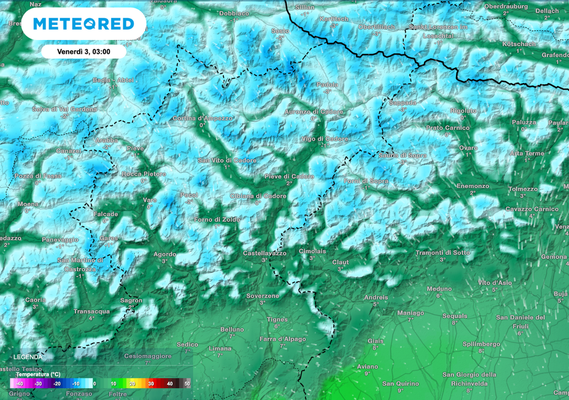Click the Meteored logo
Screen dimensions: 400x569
pyautogui.click(x=83, y=24)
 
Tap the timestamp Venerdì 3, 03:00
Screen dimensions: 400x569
pyautogui.click(x=84, y=51)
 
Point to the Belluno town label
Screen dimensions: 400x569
pyautogui.click(x=232, y=329)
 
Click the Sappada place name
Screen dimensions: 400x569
pyautogui.click(x=402, y=103)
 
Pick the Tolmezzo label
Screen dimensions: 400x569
pyautogui.click(x=523, y=189)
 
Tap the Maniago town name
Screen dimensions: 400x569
pyautogui.click(x=411, y=313)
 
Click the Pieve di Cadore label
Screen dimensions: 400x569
pyautogui.click(x=289, y=177)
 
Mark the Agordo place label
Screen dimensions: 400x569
pyautogui.click(x=164, y=254)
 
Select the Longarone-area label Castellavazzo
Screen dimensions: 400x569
pyautogui.click(x=264, y=253)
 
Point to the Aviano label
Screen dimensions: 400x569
pyautogui.click(x=367, y=367)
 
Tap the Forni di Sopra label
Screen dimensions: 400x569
pyautogui.click(x=366, y=181)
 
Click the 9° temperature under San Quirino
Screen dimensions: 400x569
pyautogui.click(x=400, y=391)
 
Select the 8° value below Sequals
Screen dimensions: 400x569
pyautogui.click(x=454, y=322)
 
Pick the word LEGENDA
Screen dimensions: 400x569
pyautogui.click(x=28, y=357)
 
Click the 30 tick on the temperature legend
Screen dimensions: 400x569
pyautogui.click(x=150, y=384)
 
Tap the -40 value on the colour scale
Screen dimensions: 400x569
pyautogui.click(x=19, y=384)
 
